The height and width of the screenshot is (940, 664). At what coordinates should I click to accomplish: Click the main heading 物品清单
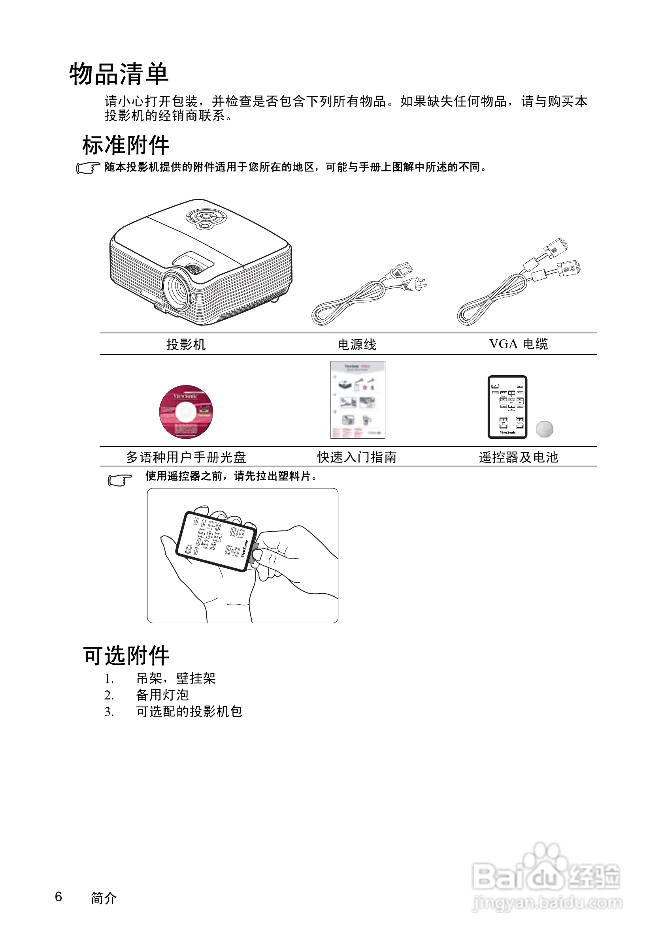point(119,74)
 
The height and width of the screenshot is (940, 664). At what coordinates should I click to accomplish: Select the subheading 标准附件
point(125,145)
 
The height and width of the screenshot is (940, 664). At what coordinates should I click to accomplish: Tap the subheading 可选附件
point(126,656)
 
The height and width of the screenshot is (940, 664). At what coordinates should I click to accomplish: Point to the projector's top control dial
point(206,217)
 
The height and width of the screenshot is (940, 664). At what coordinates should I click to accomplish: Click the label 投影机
point(185,344)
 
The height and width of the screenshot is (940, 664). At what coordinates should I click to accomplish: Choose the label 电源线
point(357,344)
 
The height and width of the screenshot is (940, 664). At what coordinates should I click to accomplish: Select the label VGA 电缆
point(518,344)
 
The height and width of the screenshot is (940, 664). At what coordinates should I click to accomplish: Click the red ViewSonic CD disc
point(186,412)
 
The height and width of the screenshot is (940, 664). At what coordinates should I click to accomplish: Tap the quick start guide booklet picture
point(358,400)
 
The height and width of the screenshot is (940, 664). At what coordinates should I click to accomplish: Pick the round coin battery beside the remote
point(544,429)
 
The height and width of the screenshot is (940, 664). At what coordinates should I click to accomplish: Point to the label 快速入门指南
point(357,457)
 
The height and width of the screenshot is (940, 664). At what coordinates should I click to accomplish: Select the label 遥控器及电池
point(518,457)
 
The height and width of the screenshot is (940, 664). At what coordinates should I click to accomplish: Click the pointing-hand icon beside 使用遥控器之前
point(120,480)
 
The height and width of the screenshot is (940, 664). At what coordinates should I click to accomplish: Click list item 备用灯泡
point(162,695)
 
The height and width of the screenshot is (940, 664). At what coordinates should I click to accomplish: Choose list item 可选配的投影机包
point(189,712)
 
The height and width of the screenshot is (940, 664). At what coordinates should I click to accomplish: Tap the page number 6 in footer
point(58,897)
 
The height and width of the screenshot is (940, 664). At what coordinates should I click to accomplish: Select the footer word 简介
point(104,898)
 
